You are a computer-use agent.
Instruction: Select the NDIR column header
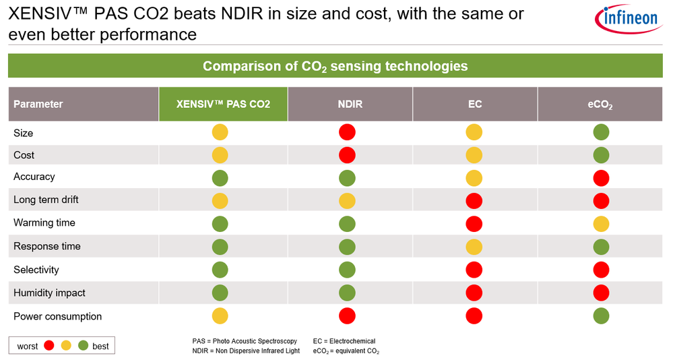click(x=350, y=104)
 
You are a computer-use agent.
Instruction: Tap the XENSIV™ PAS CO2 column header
click(x=223, y=104)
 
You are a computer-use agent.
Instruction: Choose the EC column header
click(x=474, y=104)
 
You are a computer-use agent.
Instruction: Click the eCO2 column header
click(x=600, y=104)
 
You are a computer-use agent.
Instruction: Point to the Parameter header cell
click(x=38, y=104)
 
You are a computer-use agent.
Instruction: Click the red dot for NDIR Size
click(x=347, y=132)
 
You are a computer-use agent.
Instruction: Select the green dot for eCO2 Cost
click(x=601, y=156)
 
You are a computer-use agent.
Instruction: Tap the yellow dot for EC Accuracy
click(x=474, y=178)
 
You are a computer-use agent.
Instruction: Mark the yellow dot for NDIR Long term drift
click(x=347, y=200)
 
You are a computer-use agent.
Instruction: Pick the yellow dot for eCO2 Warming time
click(x=601, y=223)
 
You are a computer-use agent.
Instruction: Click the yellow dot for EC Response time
click(x=474, y=246)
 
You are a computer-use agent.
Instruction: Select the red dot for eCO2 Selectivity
click(x=601, y=270)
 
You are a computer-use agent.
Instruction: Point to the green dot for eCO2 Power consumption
click(x=601, y=316)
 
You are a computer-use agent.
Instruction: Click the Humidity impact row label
click(x=49, y=293)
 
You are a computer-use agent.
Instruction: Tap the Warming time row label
click(x=44, y=222)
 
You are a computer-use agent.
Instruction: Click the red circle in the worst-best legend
click(x=49, y=346)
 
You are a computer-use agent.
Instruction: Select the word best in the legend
click(x=100, y=346)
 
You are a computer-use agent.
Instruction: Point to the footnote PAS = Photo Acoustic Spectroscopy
click(x=245, y=341)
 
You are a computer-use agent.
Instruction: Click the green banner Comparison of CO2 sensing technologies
click(x=335, y=66)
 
